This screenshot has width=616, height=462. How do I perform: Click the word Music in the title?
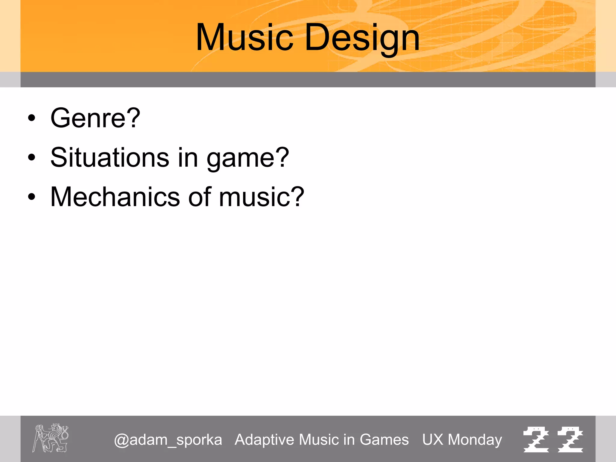coord(244,38)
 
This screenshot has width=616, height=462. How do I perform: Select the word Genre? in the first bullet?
coord(95,118)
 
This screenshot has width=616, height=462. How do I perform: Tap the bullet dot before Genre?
coord(32,118)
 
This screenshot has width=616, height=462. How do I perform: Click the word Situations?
coord(110,158)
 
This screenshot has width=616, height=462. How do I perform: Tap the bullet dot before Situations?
coord(32,158)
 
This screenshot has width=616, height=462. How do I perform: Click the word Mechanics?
coord(115,197)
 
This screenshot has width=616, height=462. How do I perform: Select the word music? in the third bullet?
coord(262,197)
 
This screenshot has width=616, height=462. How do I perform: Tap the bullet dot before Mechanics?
coord(32,197)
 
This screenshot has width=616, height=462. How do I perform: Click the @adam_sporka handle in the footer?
coord(168,440)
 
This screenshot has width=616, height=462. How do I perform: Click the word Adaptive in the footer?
coord(264,440)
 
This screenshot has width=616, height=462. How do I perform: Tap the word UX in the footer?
coord(433,440)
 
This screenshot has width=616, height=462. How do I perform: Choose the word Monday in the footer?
coord(475,440)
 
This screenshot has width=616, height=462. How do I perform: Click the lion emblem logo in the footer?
coord(51,438)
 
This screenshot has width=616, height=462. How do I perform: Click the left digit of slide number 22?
coord(536,439)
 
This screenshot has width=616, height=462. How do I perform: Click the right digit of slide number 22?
coord(570,439)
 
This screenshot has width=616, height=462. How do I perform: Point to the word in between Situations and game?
coord(188,158)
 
